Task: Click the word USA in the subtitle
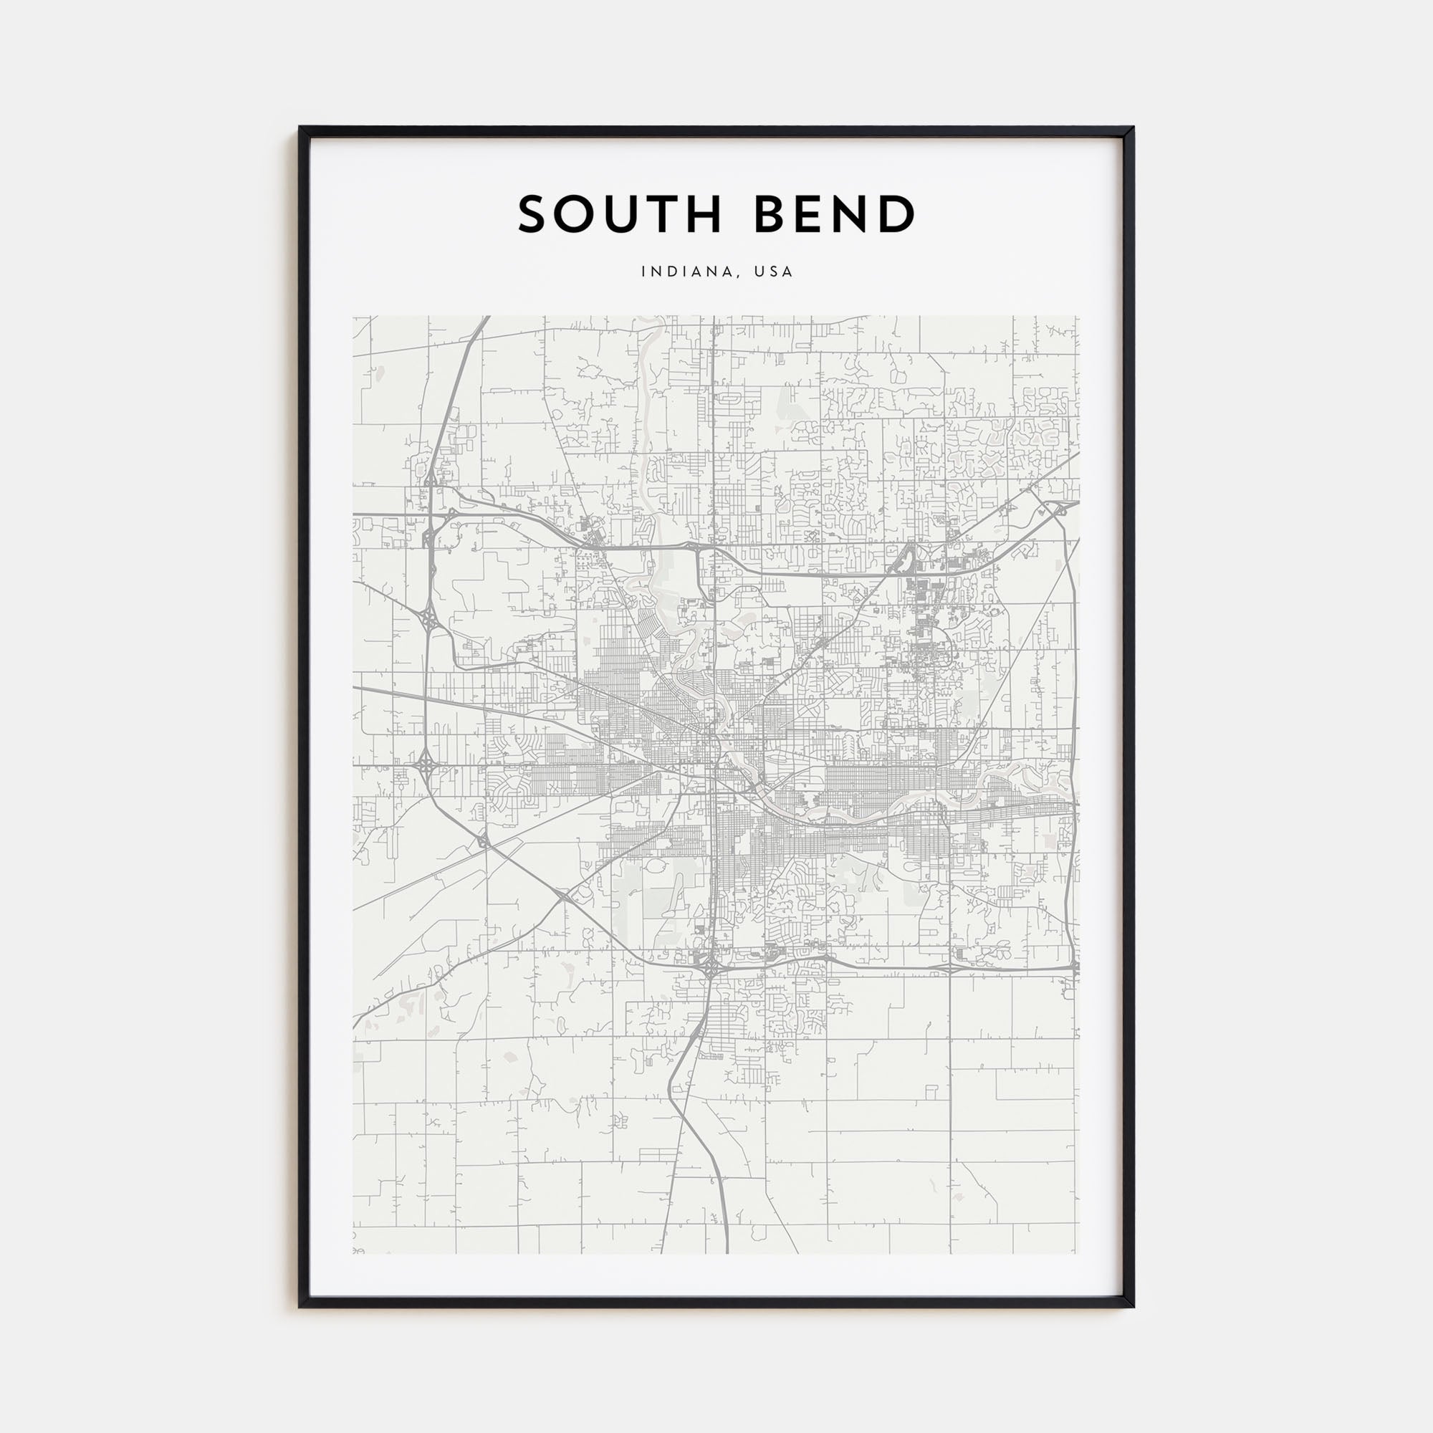773,272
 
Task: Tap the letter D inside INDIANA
671,272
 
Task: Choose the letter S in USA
774,272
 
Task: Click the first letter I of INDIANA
644,272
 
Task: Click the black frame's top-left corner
300,128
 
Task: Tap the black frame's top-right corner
1133,128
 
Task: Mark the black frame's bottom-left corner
300,1306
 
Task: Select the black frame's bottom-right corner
1133,1306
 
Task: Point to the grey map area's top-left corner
354,317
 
